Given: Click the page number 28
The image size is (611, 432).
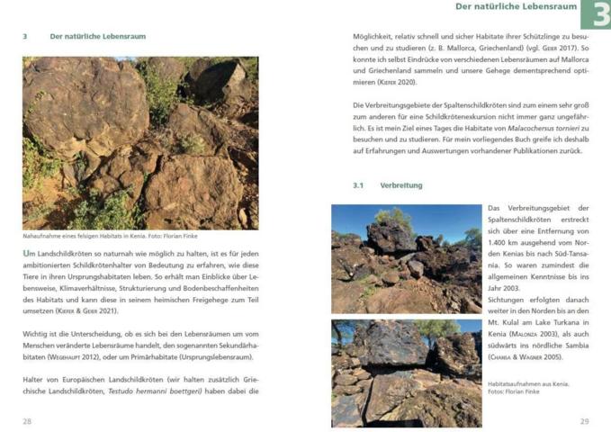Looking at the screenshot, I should (27, 420).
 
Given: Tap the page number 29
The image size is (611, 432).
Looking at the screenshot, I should (584, 420).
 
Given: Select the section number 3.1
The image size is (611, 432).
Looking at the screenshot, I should (357, 185).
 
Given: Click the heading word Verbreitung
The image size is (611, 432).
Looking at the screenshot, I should (401, 185).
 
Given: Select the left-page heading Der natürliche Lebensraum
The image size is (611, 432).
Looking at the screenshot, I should (97, 37).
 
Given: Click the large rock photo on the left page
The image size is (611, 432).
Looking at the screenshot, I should (139, 142).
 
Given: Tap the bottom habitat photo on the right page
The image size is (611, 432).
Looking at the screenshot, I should (406, 372).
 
